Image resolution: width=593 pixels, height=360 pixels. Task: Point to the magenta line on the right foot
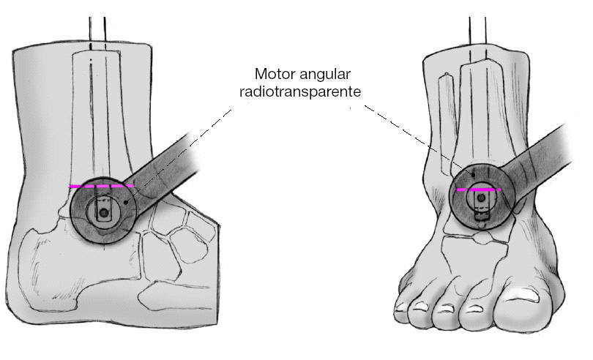coord(479,190)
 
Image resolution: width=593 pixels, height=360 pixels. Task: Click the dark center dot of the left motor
coord(103,213)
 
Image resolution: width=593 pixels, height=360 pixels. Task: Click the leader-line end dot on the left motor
coord(127,201)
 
